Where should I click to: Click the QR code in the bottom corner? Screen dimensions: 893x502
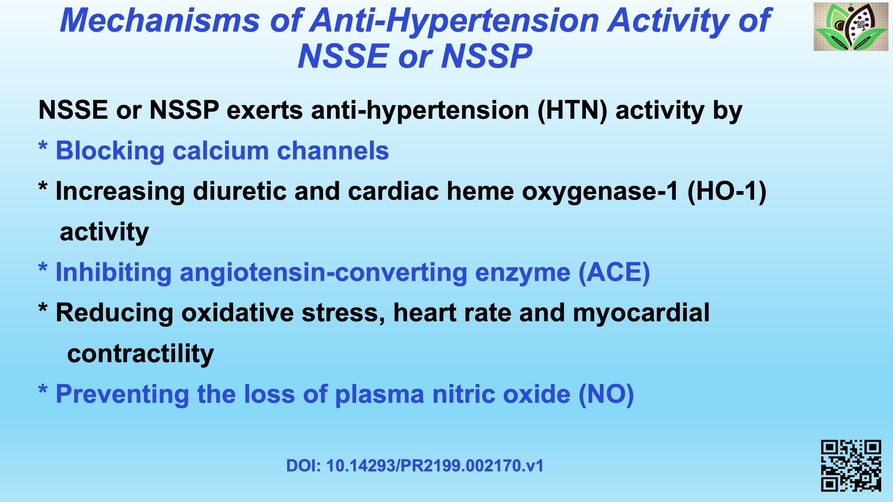pos(851,466)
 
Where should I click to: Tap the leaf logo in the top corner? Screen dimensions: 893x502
pos(851,27)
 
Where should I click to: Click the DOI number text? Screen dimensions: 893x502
pos(415,466)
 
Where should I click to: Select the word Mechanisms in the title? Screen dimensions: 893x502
pos(160,21)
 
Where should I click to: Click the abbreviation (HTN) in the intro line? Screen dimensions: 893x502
pos(572,111)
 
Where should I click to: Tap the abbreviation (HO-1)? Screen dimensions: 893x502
pos(726,192)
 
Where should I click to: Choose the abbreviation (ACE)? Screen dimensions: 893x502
pos(614,273)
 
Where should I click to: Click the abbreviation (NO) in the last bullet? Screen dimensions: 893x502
pos(606,395)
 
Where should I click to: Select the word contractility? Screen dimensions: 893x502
pos(140,354)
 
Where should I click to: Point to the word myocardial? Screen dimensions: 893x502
pos(641,313)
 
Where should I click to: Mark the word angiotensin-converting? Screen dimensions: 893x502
pos(323,273)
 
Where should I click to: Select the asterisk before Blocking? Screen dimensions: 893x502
pos(43,146)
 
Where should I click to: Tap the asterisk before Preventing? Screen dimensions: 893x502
pos(43,389)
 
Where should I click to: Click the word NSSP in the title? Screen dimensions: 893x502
pos(486,56)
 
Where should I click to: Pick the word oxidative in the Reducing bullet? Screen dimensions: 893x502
pos(237,313)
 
